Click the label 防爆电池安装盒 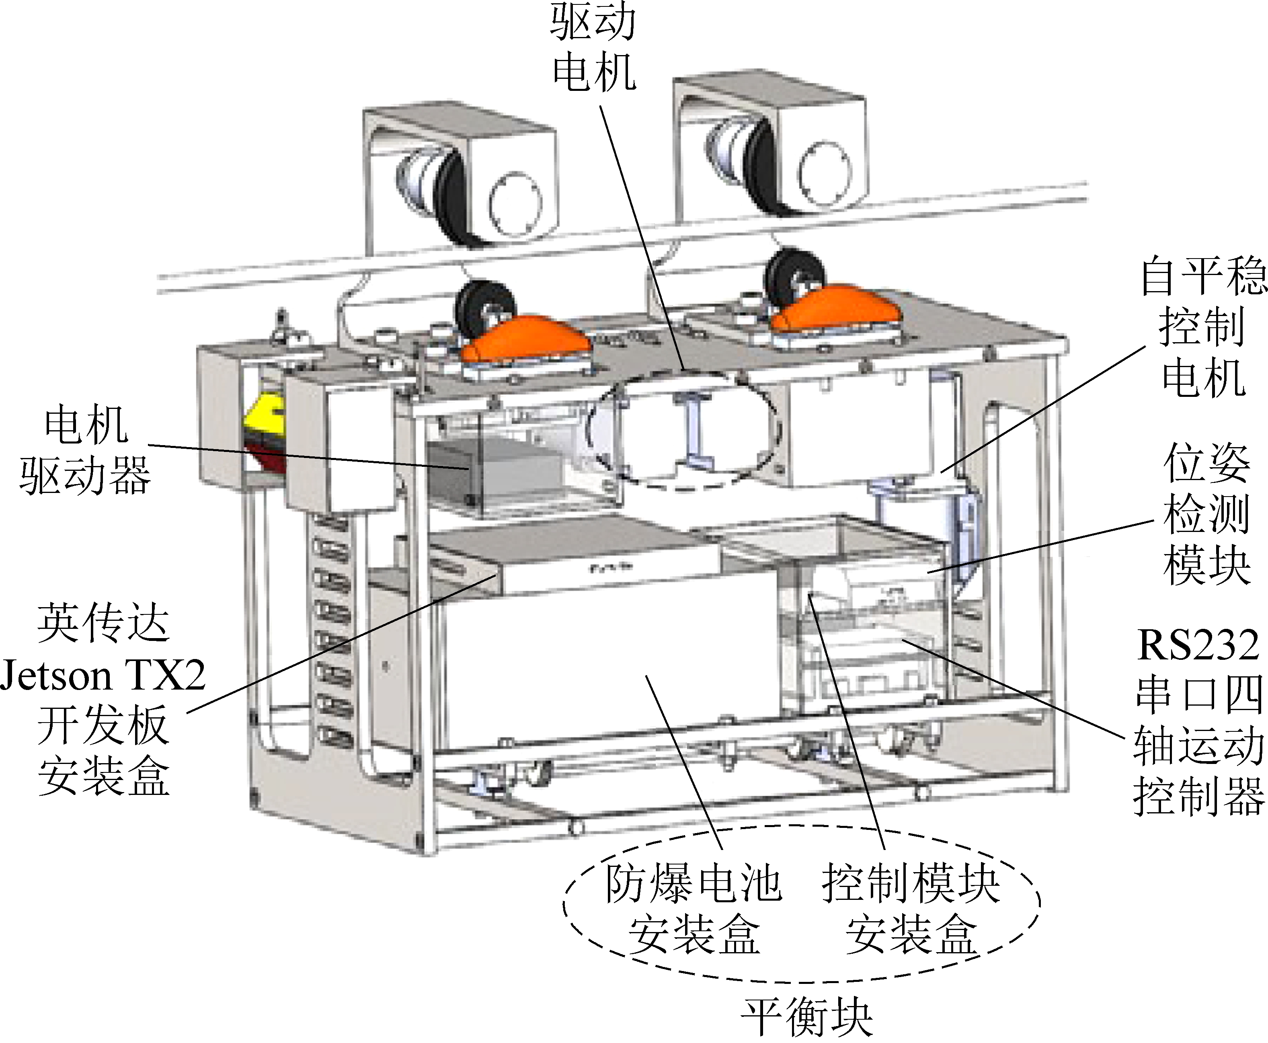point(694,910)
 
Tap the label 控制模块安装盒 point(911,910)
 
